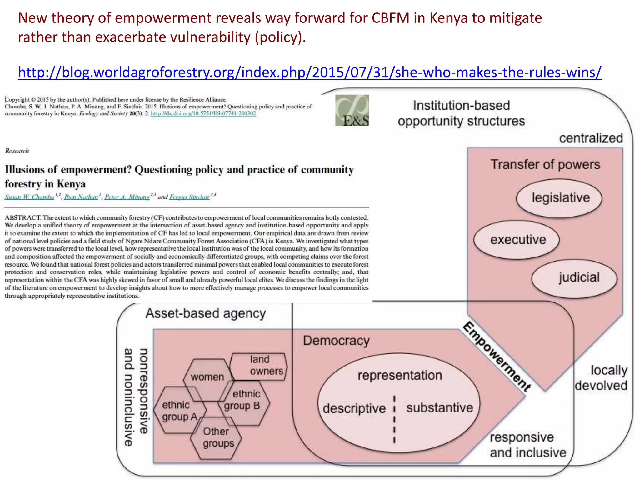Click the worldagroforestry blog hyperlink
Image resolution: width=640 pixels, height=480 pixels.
click(309, 72)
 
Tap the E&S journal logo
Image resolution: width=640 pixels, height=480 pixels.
click(352, 110)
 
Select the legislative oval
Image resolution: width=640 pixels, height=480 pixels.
click(559, 198)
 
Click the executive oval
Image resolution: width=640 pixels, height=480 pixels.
click(517, 240)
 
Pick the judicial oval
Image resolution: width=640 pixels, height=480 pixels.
click(575, 278)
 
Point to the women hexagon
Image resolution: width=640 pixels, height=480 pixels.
click(207, 377)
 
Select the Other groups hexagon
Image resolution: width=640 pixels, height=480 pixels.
click(217, 437)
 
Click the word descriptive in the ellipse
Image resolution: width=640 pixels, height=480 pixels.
click(354, 408)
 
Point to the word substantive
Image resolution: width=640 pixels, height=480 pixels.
click(440, 408)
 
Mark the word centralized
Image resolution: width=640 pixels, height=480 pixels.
click(591, 138)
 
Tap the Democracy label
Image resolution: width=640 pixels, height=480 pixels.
click(336, 341)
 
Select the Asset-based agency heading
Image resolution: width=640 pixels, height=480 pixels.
click(206, 313)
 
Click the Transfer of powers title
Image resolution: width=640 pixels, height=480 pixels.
click(545, 165)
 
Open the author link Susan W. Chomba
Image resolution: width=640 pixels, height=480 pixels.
click(29, 197)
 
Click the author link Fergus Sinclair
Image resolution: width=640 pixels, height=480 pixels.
click(189, 197)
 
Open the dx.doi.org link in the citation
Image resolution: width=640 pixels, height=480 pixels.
click(203, 113)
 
